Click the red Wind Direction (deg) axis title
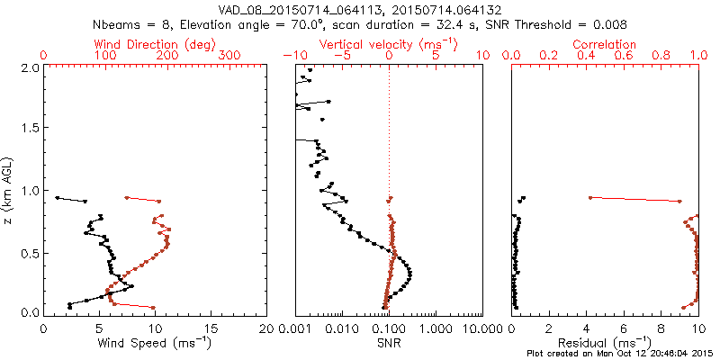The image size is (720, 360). [156, 44]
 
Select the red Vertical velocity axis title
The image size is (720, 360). [390, 44]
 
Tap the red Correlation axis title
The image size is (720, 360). [605, 44]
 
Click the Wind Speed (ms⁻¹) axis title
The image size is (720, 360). [156, 343]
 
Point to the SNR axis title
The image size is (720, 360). [390, 343]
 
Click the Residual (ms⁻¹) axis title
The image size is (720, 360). [605, 343]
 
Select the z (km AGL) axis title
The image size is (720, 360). [9, 189]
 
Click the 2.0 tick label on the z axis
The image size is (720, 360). [30, 67]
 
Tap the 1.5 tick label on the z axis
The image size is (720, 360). [30, 129]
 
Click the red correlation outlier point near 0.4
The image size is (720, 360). [589, 197]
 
